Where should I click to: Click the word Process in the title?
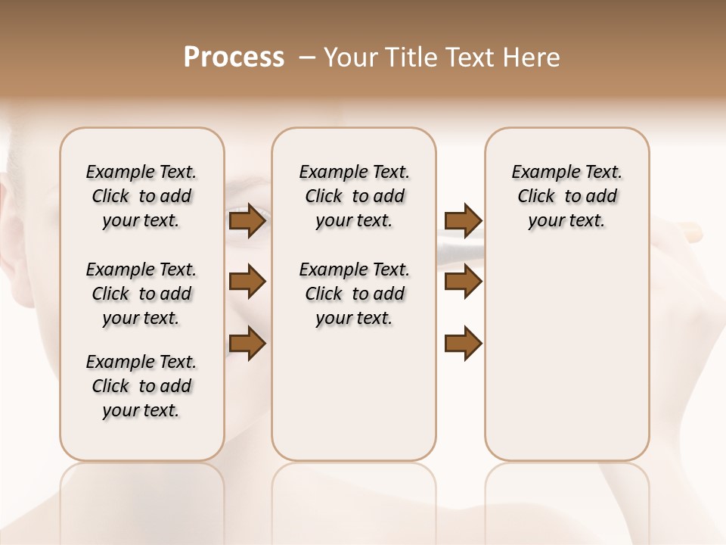[234, 58]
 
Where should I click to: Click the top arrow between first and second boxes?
[247, 221]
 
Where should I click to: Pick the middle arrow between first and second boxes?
[247, 282]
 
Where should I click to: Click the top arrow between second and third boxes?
[463, 221]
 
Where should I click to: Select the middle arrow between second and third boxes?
[463, 282]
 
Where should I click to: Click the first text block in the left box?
[141, 196]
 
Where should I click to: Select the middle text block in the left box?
[141, 294]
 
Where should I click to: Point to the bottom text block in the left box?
[141, 386]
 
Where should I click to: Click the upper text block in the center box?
[354, 196]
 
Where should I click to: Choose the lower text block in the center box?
[354, 294]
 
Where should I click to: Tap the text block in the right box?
[566, 196]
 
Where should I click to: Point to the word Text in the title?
[472, 58]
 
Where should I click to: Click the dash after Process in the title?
[307, 58]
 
